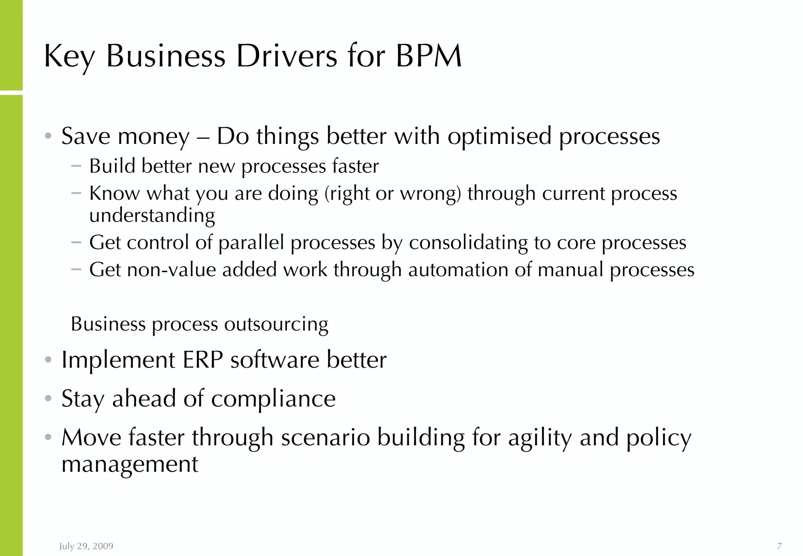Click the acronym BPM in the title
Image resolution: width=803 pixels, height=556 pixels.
429,56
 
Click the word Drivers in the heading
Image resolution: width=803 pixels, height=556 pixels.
286,56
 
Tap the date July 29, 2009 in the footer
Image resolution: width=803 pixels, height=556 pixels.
86,546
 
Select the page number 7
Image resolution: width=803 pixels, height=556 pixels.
779,546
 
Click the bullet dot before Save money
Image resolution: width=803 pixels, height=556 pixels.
48,136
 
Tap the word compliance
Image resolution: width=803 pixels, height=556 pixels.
273,399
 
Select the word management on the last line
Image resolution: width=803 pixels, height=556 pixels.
130,464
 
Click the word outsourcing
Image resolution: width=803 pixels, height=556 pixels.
276,324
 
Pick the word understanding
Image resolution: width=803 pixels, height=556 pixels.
152,215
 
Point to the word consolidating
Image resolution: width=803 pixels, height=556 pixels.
468,243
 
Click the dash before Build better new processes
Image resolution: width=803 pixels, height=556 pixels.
76,166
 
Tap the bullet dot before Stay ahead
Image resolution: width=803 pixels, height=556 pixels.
48,399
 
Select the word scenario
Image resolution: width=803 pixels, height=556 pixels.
325,438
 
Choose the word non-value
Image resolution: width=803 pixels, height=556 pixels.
172,270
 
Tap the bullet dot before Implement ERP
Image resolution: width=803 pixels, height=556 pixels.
48,360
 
